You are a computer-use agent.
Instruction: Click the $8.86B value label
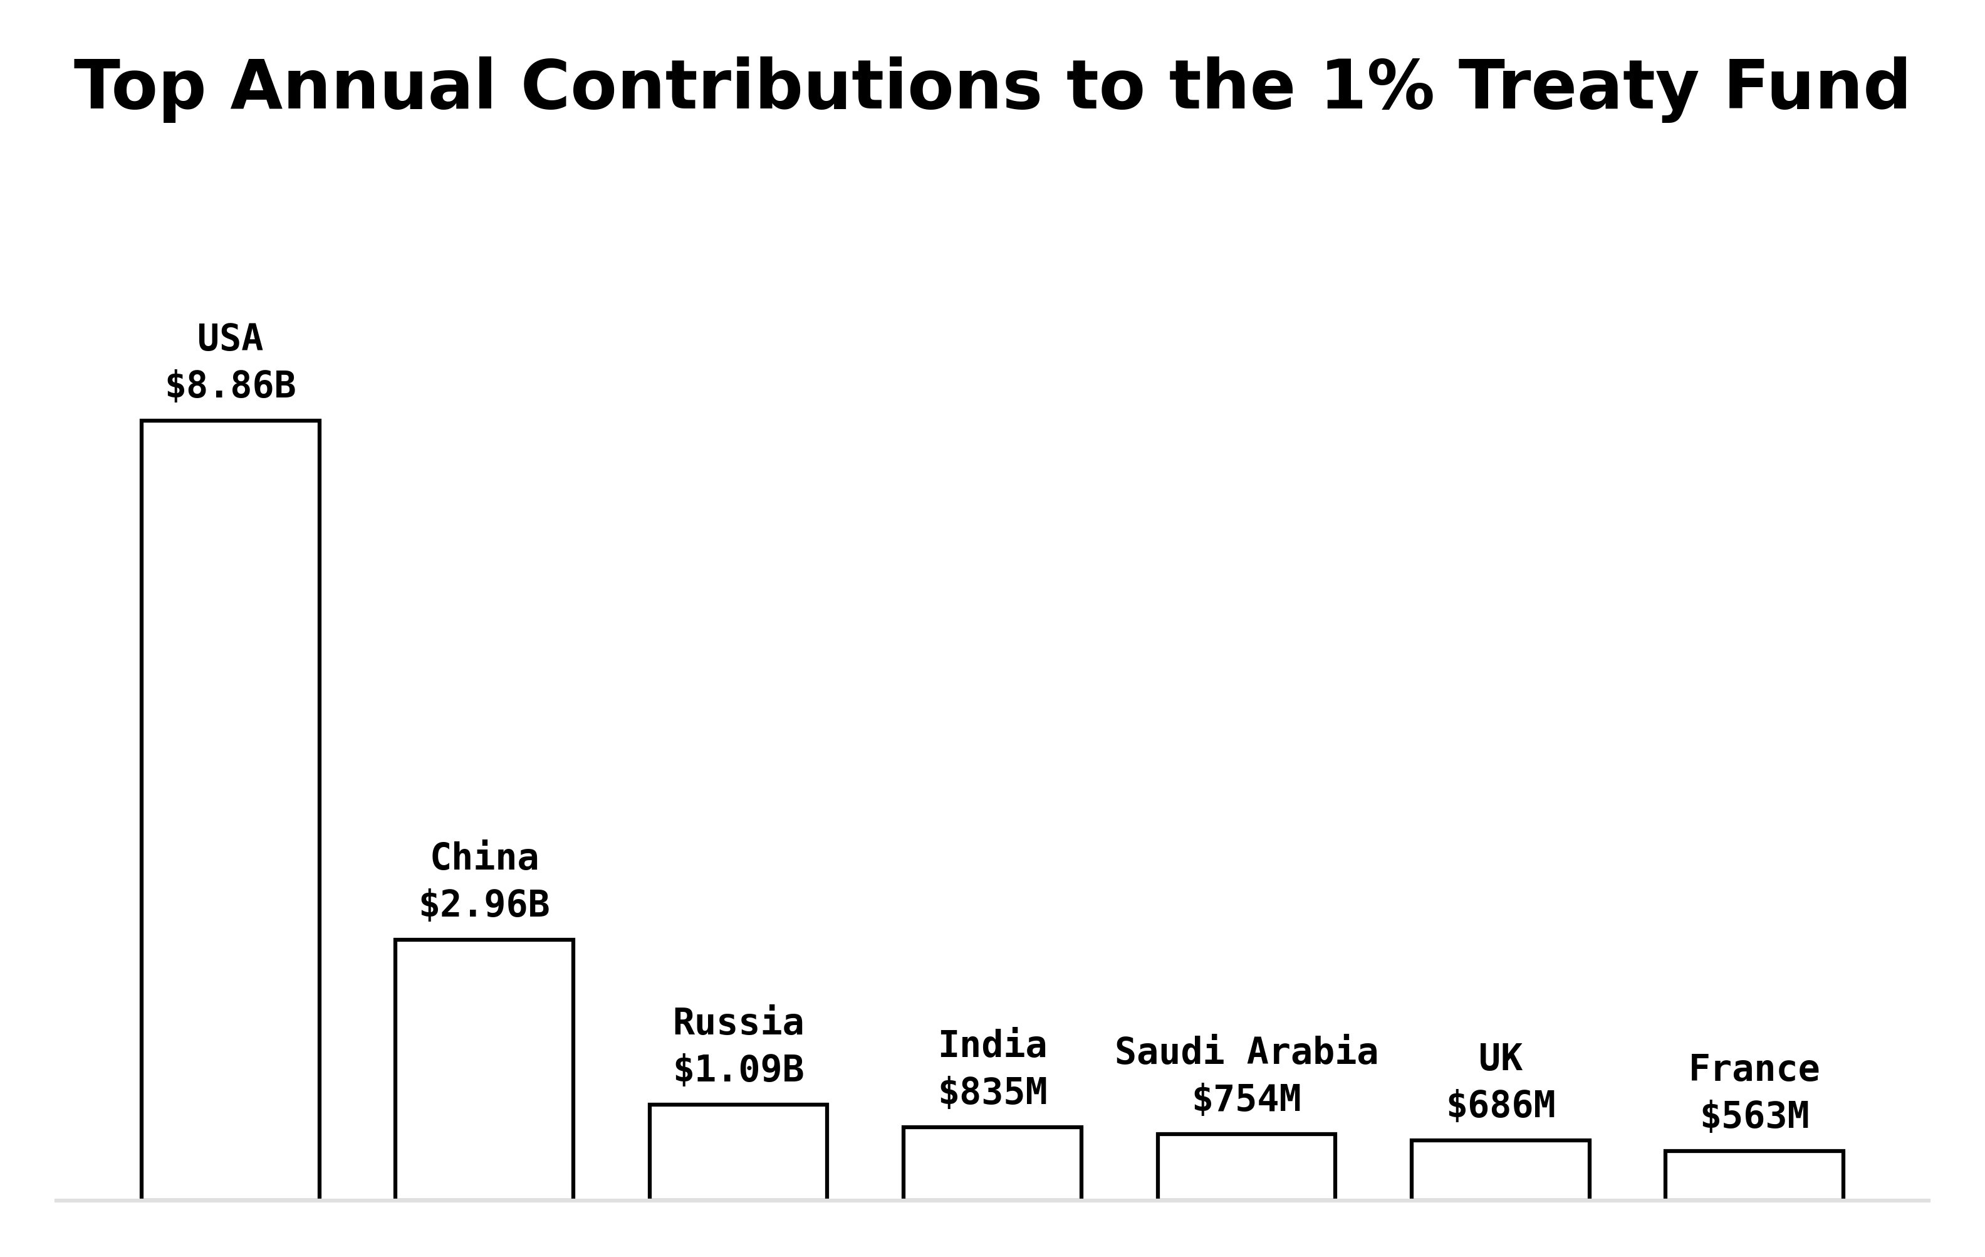230,385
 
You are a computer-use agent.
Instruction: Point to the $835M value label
992,1092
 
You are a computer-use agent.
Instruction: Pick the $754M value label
1246,1098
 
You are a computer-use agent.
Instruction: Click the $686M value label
1500,1105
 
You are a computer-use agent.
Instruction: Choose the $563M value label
1754,1116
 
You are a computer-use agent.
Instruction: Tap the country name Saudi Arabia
1246,1051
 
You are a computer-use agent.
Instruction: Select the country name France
1754,1069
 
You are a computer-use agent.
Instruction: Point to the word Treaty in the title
1578,87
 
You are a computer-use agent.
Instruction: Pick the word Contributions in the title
781,87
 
